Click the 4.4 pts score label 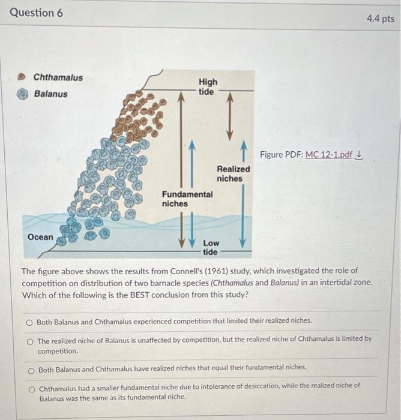point(380,19)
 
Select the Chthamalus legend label point(58,77)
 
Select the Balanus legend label point(51,94)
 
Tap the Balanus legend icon point(23,94)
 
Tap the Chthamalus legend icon point(23,77)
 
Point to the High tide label point(208,86)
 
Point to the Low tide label point(211,247)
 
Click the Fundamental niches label point(187,199)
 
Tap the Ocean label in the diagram point(40,237)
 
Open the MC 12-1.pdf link point(329,155)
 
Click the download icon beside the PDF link point(360,155)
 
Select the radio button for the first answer point(29,322)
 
